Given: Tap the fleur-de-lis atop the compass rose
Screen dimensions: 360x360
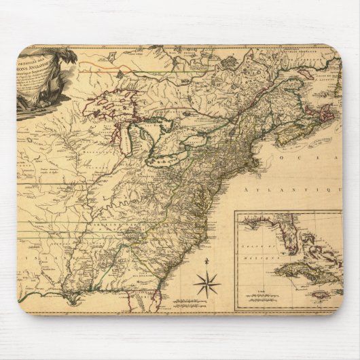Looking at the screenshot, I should (206, 261).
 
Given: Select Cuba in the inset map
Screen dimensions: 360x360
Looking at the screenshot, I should (299, 271).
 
